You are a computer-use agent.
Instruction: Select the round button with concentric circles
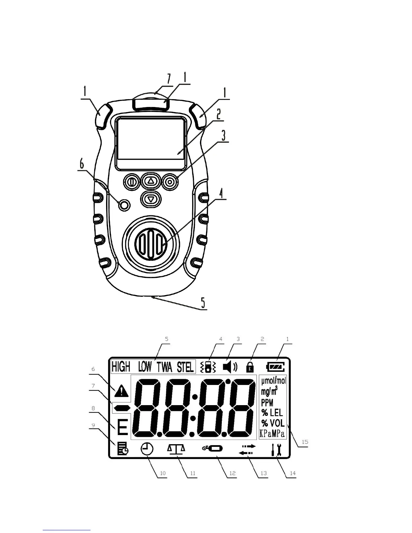click(170, 182)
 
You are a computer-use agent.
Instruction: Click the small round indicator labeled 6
click(124, 205)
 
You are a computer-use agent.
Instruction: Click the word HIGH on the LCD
click(121, 366)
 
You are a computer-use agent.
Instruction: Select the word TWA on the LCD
click(165, 367)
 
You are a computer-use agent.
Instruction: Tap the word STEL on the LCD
click(185, 367)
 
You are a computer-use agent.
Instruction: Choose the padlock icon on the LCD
click(250, 367)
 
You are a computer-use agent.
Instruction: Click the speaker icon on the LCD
click(230, 367)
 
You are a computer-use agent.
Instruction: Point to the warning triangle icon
click(121, 391)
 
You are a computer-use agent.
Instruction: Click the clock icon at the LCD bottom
click(147, 449)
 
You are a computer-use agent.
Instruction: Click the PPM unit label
click(267, 402)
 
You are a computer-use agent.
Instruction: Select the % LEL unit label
click(272, 413)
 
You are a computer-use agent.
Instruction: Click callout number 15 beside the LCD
click(305, 441)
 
